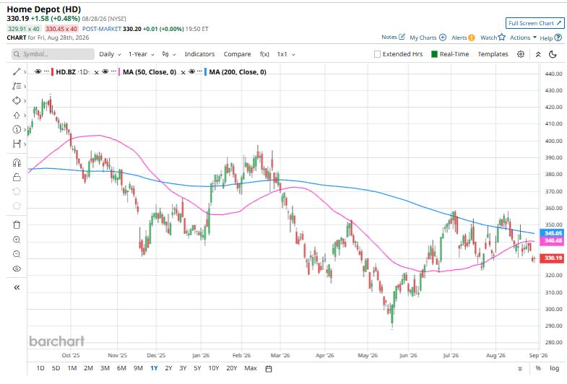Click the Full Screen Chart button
coord(534,23)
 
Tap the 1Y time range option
coord(154,368)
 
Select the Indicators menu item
coord(199,54)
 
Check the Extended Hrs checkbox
coord(377,54)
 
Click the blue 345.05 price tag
coord(552,233)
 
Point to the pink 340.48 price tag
coord(552,241)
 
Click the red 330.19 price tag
coord(552,258)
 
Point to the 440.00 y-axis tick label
coord(553,74)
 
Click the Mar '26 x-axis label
coord(280,355)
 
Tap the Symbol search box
coord(53,54)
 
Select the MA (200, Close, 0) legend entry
coord(238,72)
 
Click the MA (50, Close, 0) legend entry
coord(150,72)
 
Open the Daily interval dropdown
coord(110,54)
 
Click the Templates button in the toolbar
coord(493,54)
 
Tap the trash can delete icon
coord(17,224)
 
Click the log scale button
coord(554,368)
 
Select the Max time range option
coord(251,368)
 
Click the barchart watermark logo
coord(57,341)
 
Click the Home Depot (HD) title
coord(44,9)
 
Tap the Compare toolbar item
coord(237,54)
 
